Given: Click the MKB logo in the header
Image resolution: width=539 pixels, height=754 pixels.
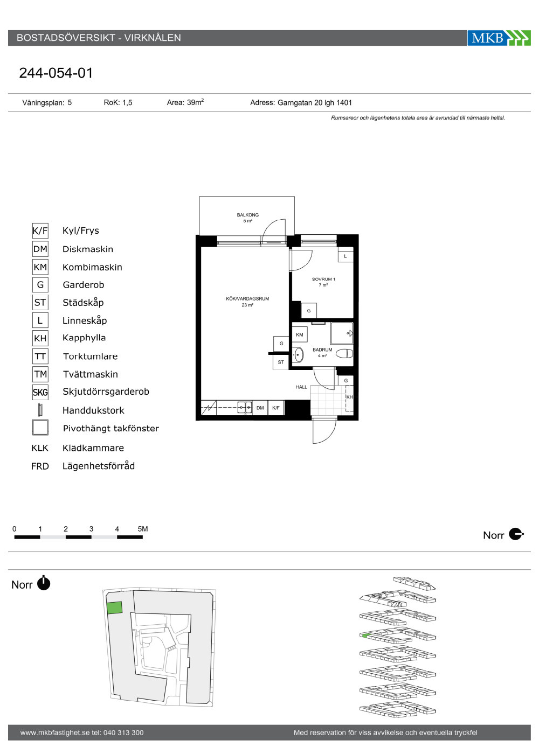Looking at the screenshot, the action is (x=499, y=38).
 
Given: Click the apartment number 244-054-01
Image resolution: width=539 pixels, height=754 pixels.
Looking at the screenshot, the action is (x=56, y=73).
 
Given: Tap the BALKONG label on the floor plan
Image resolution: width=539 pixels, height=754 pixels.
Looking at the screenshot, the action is (x=247, y=215).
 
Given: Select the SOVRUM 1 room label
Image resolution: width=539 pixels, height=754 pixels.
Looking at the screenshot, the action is (x=323, y=279).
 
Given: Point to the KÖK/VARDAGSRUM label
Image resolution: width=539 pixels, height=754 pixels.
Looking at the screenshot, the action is (x=247, y=298).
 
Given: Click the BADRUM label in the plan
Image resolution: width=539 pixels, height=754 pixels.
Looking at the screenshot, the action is (x=322, y=350).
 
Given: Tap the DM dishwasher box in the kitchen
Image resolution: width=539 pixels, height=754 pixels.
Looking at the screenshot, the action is (x=260, y=408).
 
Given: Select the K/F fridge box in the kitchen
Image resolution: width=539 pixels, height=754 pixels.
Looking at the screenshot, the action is (x=276, y=408).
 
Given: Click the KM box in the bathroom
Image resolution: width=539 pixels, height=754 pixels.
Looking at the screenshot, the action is (x=300, y=334).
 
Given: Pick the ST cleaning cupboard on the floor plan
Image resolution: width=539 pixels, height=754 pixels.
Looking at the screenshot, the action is (x=281, y=362).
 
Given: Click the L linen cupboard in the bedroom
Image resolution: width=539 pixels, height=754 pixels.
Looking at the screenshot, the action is (x=345, y=256).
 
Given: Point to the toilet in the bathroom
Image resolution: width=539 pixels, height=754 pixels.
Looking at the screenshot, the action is (x=344, y=353).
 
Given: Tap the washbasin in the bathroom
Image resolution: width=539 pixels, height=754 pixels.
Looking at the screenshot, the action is (x=298, y=355).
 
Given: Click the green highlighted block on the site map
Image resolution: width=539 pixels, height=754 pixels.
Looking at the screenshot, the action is (x=114, y=608).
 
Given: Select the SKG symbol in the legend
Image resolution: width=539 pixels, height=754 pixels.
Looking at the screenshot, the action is (x=40, y=392).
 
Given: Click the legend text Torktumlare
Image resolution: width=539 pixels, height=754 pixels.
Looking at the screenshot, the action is (x=91, y=356).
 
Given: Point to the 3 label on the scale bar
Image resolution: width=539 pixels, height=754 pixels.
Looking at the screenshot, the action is (x=91, y=529).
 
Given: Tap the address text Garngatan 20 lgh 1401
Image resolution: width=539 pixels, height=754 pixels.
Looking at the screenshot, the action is (x=315, y=103).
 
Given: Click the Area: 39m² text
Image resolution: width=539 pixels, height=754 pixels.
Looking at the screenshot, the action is (x=185, y=102).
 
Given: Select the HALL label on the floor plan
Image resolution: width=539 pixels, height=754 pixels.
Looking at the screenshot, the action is (x=301, y=387).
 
